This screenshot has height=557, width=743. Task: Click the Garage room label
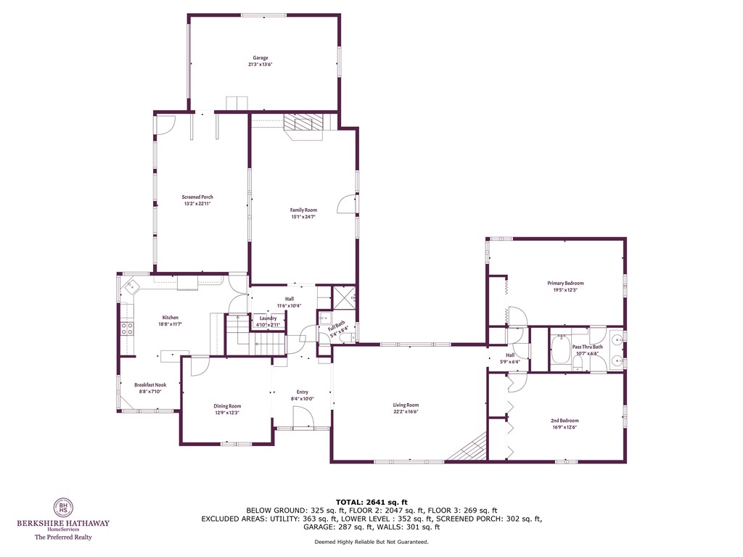point(260,58)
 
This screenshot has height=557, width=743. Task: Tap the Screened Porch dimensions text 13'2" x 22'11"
point(197,204)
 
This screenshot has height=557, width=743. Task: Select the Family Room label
point(303,210)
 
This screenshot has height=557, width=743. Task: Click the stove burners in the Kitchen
point(128,328)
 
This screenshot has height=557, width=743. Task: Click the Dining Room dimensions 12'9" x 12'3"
point(226,413)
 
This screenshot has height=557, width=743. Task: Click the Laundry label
point(268,318)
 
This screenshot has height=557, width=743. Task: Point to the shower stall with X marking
point(342,297)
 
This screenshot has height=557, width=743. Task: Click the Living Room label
point(406,405)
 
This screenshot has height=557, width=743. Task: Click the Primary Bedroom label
point(565,283)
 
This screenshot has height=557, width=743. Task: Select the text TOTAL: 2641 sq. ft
point(371,502)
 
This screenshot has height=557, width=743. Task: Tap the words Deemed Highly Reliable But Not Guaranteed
point(371,542)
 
